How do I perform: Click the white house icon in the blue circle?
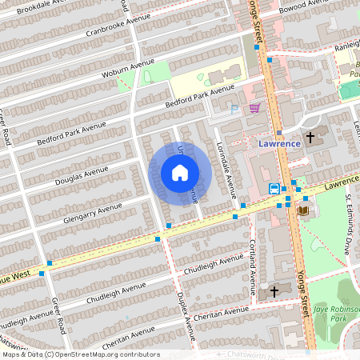(180, 173)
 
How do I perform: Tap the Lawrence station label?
(280, 143)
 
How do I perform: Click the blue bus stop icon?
(274, 189)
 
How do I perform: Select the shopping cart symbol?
(254, 107)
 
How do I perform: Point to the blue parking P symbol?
(234, 110)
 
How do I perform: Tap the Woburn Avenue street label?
(127, 72)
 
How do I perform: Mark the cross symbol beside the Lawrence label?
(310, 137)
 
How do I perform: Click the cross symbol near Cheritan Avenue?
(274, 291)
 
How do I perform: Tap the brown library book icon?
(302, 210)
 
